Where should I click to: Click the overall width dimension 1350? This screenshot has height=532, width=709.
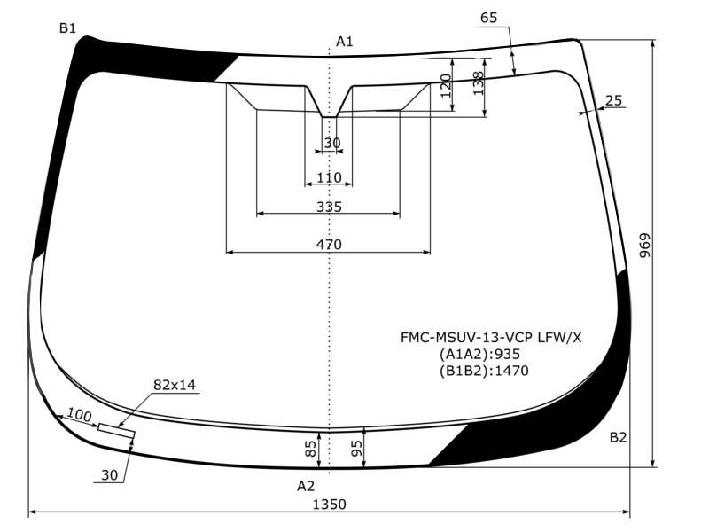pos(329,504)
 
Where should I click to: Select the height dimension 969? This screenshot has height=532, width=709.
pos(645,246)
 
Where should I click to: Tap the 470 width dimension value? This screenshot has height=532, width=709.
pos(329,245)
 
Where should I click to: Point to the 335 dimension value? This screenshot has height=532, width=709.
pos(329,207)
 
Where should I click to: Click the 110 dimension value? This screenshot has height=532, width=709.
pos(329,177)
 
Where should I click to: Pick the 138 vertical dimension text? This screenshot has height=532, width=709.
pos(478,83)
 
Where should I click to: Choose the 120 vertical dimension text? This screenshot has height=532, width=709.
pos(446,85)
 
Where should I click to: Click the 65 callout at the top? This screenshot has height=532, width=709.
pos(489,18)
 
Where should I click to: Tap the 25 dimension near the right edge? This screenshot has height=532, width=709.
pos(613,100)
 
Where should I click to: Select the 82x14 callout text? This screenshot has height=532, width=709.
pos(175,385)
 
